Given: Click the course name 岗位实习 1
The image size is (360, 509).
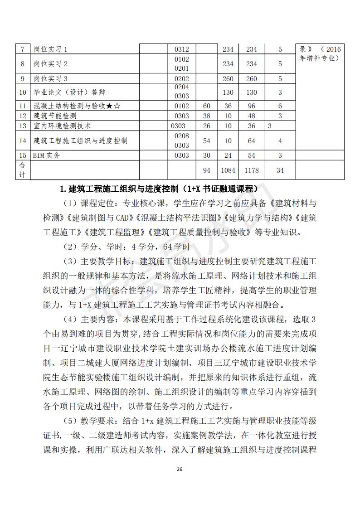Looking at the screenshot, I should tap(50, 49).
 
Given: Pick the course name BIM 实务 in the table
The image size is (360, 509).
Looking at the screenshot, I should tap(47, 155).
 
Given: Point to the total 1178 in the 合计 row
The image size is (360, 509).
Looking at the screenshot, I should tap(251, 170).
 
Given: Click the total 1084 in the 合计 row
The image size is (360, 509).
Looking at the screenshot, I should tap(228, 170).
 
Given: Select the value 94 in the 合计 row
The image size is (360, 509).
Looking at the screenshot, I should tap(207, 170).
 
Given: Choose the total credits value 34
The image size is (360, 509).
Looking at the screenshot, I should tap(280, 170).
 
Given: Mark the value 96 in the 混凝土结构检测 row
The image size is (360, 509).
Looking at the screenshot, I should tap(251, 106).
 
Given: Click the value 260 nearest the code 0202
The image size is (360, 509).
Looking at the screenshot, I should tap(228, 78).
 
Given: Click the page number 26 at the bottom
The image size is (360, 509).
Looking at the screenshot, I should tap(180, 469).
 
